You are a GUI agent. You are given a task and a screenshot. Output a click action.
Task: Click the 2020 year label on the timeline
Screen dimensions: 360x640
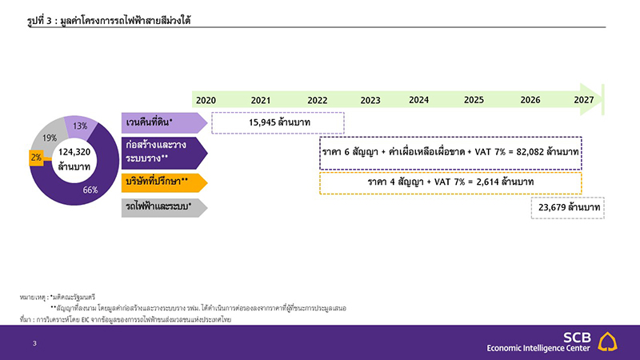coord(206,100)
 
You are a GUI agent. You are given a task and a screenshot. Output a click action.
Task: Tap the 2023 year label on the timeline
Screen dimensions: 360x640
coord(370,100)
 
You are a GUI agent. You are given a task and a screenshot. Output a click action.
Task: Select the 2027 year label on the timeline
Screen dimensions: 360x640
coord(583,100)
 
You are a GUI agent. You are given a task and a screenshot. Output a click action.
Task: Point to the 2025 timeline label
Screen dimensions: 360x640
coord(474,100)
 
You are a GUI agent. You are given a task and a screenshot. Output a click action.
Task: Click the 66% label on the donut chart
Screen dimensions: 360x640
coord(90,190)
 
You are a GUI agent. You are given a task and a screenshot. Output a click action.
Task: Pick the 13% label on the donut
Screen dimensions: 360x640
coord(80,126)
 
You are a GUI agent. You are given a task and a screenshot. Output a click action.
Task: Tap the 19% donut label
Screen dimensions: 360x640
coord(50,138)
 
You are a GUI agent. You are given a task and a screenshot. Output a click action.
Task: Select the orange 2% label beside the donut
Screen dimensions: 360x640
coord(36,158)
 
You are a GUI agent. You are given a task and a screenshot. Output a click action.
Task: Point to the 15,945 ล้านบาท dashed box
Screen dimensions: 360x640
coord(277,122)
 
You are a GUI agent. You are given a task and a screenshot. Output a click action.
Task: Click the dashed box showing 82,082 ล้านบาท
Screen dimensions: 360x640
coord(450,152)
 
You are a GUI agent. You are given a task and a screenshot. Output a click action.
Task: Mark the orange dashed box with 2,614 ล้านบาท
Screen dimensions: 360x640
coord(450,182)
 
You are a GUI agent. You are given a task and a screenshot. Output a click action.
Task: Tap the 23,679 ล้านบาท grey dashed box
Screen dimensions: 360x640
coord(566,207)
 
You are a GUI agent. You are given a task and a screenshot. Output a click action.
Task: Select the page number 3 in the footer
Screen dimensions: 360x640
coord(34,343)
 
